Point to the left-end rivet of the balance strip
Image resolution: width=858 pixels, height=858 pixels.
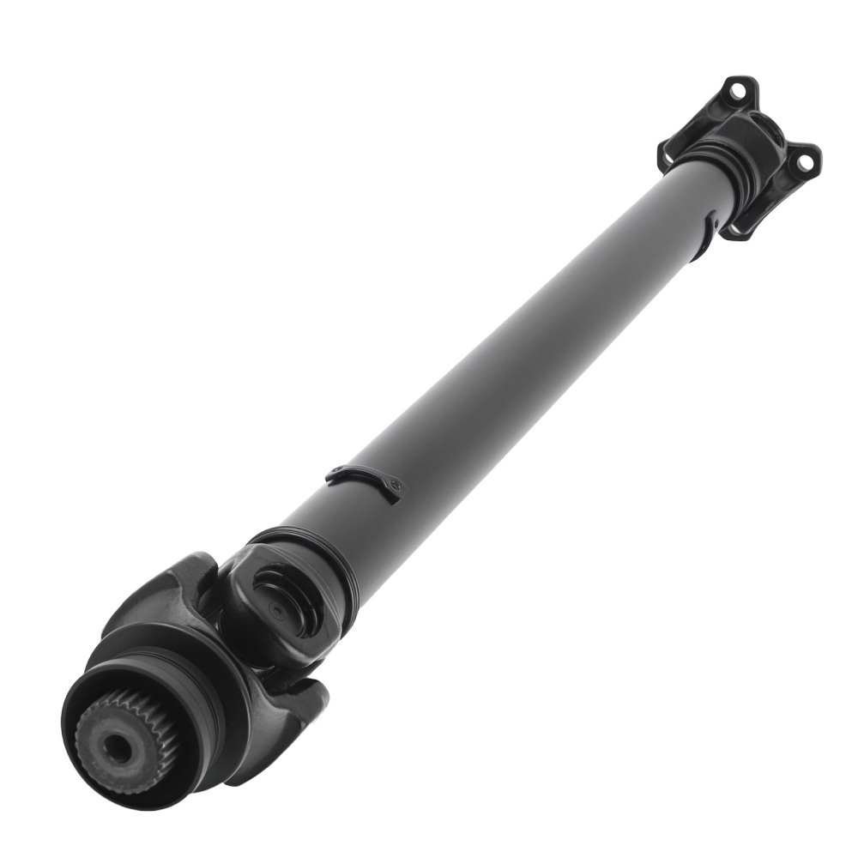(x=331, y=472)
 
